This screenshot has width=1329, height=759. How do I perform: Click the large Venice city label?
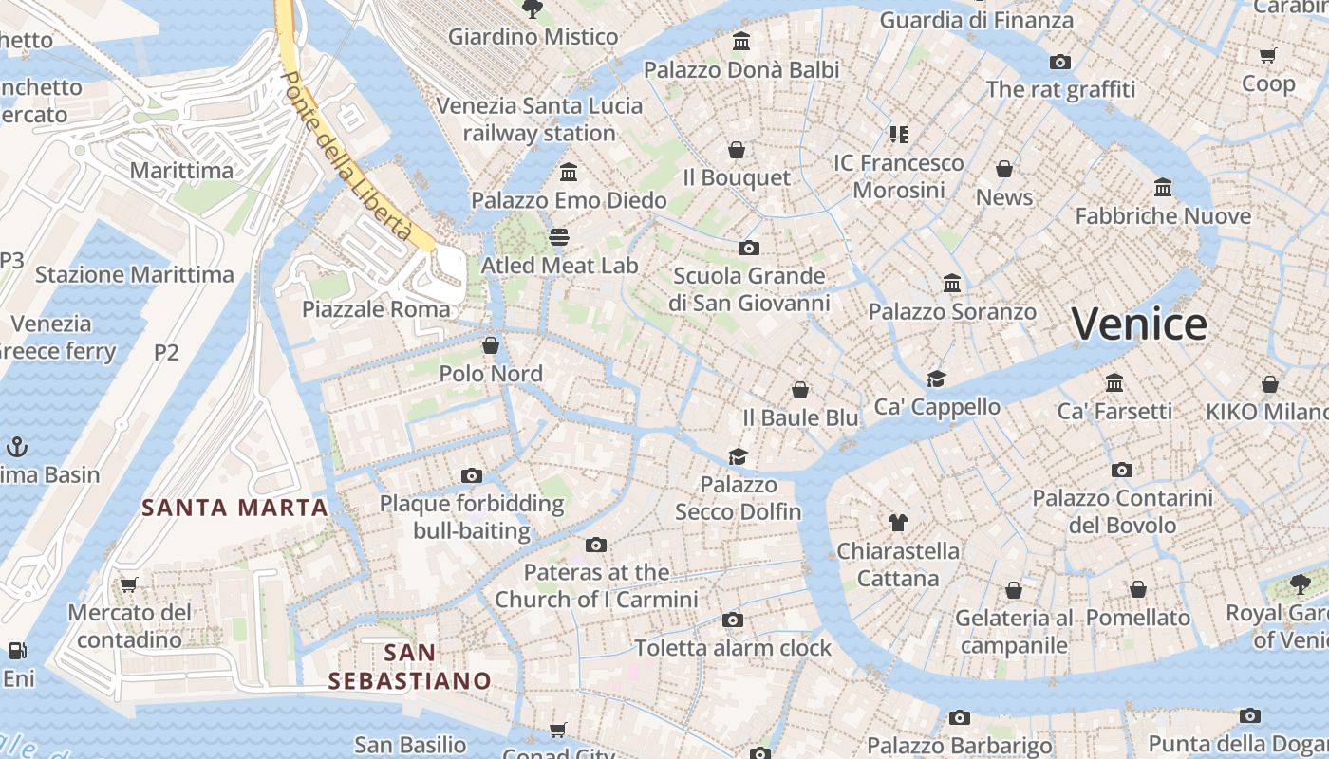coord(1139,324)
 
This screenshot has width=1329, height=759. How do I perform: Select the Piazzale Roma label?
coord(376,309)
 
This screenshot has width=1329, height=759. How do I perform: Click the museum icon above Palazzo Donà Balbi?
coord(741,42)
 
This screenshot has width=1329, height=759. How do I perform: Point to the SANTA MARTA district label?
coord(234,508)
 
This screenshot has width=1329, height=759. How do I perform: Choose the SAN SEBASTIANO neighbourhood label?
coord(410,667)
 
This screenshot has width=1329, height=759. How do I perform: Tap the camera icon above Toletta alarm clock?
coord(732,620)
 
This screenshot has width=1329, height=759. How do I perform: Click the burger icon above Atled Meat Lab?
coord(559,236)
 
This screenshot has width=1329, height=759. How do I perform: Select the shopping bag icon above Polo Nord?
coord(491,344)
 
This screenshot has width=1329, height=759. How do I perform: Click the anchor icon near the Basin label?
coord(16,446)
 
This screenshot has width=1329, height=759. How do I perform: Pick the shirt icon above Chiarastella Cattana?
coord(898,522)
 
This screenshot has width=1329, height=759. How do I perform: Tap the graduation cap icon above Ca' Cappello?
coord(937,379)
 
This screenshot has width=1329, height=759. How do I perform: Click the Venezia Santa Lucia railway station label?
coord(539,120)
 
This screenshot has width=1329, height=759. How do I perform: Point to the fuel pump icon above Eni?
coord(17,651)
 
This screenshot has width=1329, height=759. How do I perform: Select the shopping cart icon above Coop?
coord(1267,55)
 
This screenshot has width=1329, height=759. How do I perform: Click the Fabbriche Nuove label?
coord(1163,216)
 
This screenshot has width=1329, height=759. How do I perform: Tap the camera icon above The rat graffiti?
coord(1060,63)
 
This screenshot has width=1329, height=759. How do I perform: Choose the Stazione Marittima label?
coord(134,275)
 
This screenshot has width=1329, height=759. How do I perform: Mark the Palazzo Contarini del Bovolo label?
coord(1123,511)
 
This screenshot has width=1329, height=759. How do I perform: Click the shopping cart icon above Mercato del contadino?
coord(128,584)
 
